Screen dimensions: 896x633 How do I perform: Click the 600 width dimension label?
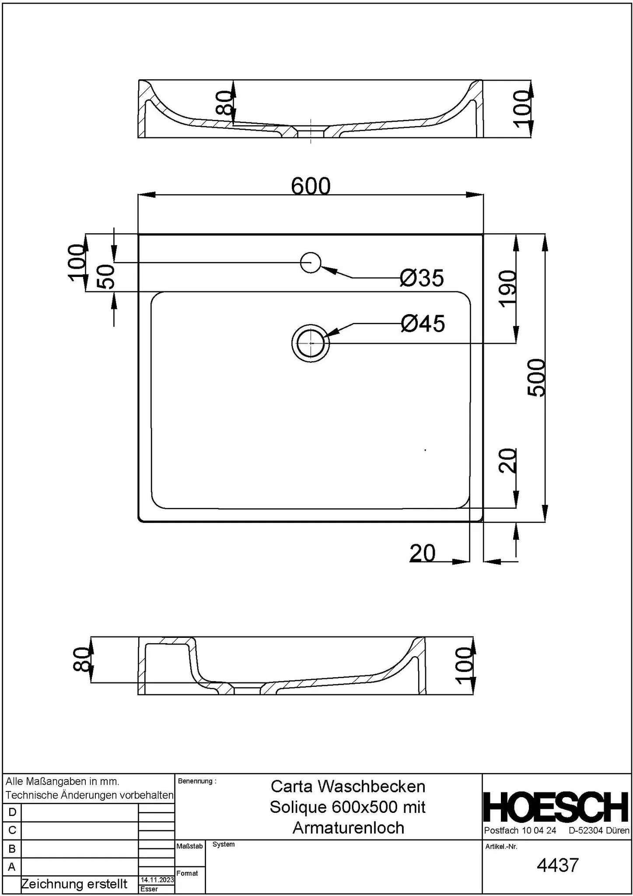click(x=311, y=186)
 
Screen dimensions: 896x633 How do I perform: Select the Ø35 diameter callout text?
click(x=422, y=278)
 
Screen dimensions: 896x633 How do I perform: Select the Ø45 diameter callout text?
click(x=423, y=324)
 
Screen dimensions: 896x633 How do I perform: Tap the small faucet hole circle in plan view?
click(x=311, y=262)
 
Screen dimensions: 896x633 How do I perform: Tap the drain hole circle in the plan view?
click(x=311, y=343)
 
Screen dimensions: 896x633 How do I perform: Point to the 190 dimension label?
click(x=508, y=289)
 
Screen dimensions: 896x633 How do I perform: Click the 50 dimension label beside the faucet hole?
click(x=106, y=276)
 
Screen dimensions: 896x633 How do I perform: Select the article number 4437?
click(x=557, y=865)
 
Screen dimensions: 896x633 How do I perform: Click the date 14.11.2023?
click(x=157, y=880)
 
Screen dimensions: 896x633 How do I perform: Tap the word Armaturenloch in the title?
click(x=348, y=828)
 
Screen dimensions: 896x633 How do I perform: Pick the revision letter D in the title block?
click(x=12, y=812)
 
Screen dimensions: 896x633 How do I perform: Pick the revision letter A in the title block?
click(x=12, y=866)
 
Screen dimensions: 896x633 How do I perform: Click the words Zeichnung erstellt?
click(x=74, y=884)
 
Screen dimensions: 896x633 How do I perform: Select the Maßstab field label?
click(x=189, y=846)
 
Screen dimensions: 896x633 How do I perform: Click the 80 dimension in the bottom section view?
click(x=81, y=659)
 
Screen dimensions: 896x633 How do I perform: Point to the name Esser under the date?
click(x=149, y=889)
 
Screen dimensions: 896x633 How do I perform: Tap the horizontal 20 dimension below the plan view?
click(x=423, y=553)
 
